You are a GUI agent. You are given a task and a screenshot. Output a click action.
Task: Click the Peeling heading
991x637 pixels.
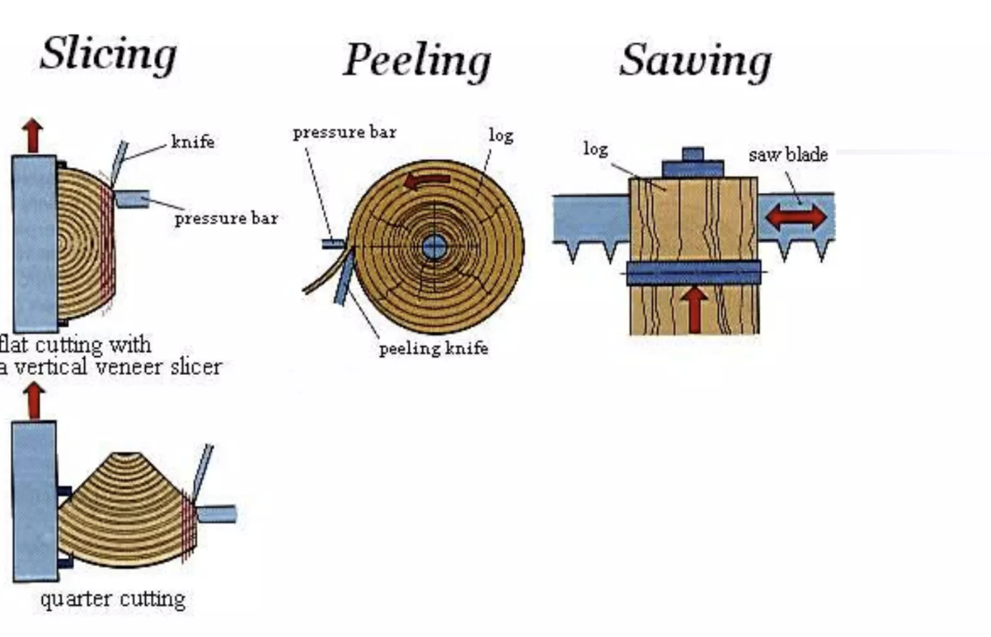[417, 61]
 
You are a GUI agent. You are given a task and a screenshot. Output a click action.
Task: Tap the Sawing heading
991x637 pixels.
[695, 61]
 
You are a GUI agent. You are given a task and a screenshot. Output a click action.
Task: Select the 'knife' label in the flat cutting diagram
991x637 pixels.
[192, 142]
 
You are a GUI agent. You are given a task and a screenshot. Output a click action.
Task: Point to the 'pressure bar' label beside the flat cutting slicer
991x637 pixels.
[225, 218]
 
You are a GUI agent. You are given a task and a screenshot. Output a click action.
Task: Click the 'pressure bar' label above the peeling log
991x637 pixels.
[344, 132]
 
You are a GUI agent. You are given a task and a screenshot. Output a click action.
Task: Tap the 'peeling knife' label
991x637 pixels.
[433, 348]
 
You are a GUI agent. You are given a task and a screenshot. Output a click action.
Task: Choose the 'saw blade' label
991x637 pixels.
[788, 155]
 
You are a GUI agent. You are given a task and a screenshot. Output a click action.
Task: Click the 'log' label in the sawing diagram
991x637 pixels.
[596, 148]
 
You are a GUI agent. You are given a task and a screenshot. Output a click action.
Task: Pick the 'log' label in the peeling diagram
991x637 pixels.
[501, 135]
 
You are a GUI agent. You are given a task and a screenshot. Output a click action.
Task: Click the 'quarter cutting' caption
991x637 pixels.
[113, 599]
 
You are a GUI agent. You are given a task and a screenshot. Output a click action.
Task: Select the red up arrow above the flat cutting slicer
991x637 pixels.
[33, 135]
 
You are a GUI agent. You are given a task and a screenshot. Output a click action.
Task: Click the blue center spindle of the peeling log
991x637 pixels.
[434, 247]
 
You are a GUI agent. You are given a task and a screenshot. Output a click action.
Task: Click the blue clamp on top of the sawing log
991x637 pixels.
[692, 166]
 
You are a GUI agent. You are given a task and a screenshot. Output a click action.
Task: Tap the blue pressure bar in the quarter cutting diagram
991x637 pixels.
[216, 514]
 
